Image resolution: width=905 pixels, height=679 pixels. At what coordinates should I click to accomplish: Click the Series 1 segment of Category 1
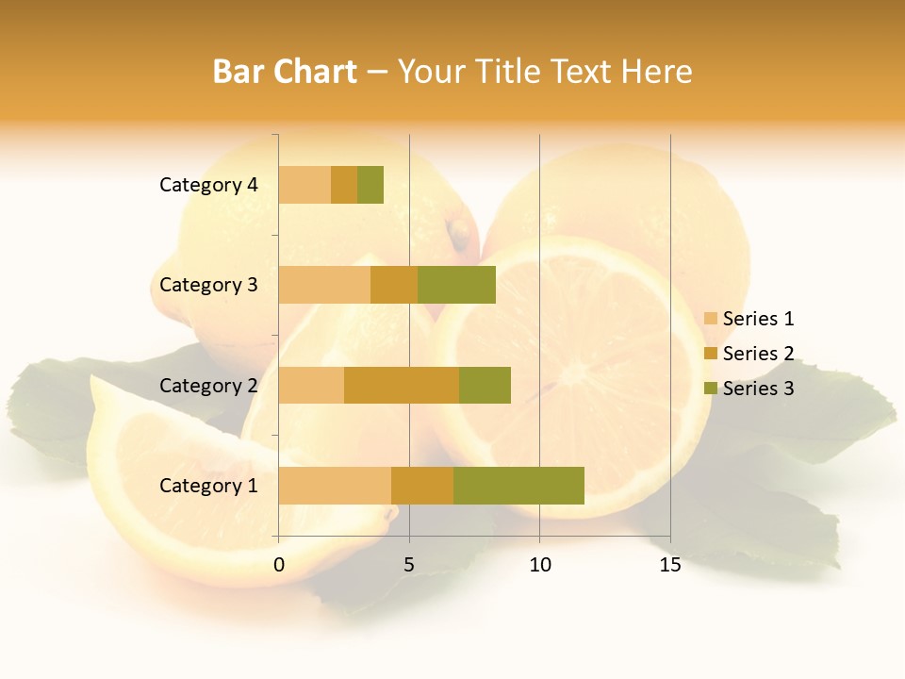pos(335,486)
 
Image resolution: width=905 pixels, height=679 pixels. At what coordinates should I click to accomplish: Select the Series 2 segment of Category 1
pos(422,486)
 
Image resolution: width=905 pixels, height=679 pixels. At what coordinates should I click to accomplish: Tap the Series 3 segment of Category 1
pos(518,486)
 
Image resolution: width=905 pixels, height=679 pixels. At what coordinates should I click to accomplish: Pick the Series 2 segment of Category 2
pos(402,385)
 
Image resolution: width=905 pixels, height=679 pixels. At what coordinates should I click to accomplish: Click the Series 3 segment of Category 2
pos(485,385)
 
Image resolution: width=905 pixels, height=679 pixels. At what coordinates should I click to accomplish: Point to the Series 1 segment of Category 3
pos(324,285)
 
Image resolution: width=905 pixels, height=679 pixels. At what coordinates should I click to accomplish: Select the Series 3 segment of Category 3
pos(456,285)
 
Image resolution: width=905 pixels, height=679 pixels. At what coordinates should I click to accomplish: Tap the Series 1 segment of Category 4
pos(304,185)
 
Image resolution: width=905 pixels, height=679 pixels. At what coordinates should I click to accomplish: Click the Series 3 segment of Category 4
pos(370,185)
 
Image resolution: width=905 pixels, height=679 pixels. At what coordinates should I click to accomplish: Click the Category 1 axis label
pos(208,486)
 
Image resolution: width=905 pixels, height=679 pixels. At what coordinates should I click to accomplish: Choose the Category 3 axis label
pos(208,285)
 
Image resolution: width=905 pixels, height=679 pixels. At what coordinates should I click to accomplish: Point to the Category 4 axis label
pos(208,185)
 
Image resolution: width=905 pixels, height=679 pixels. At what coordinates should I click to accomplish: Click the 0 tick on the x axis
pos(279,565)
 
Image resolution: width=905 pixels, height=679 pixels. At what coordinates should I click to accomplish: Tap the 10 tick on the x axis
pos(539,565)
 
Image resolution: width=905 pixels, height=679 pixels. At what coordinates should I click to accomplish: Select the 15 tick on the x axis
pos(670,565)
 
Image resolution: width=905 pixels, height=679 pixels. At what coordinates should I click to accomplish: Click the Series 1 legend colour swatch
pos(711,319)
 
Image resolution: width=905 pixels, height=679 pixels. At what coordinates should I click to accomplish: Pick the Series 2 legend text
pos(758,354)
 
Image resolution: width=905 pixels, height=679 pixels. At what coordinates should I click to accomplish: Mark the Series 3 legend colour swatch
pos(711,389)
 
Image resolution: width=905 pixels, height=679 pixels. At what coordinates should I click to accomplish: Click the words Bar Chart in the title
pos(285,72)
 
